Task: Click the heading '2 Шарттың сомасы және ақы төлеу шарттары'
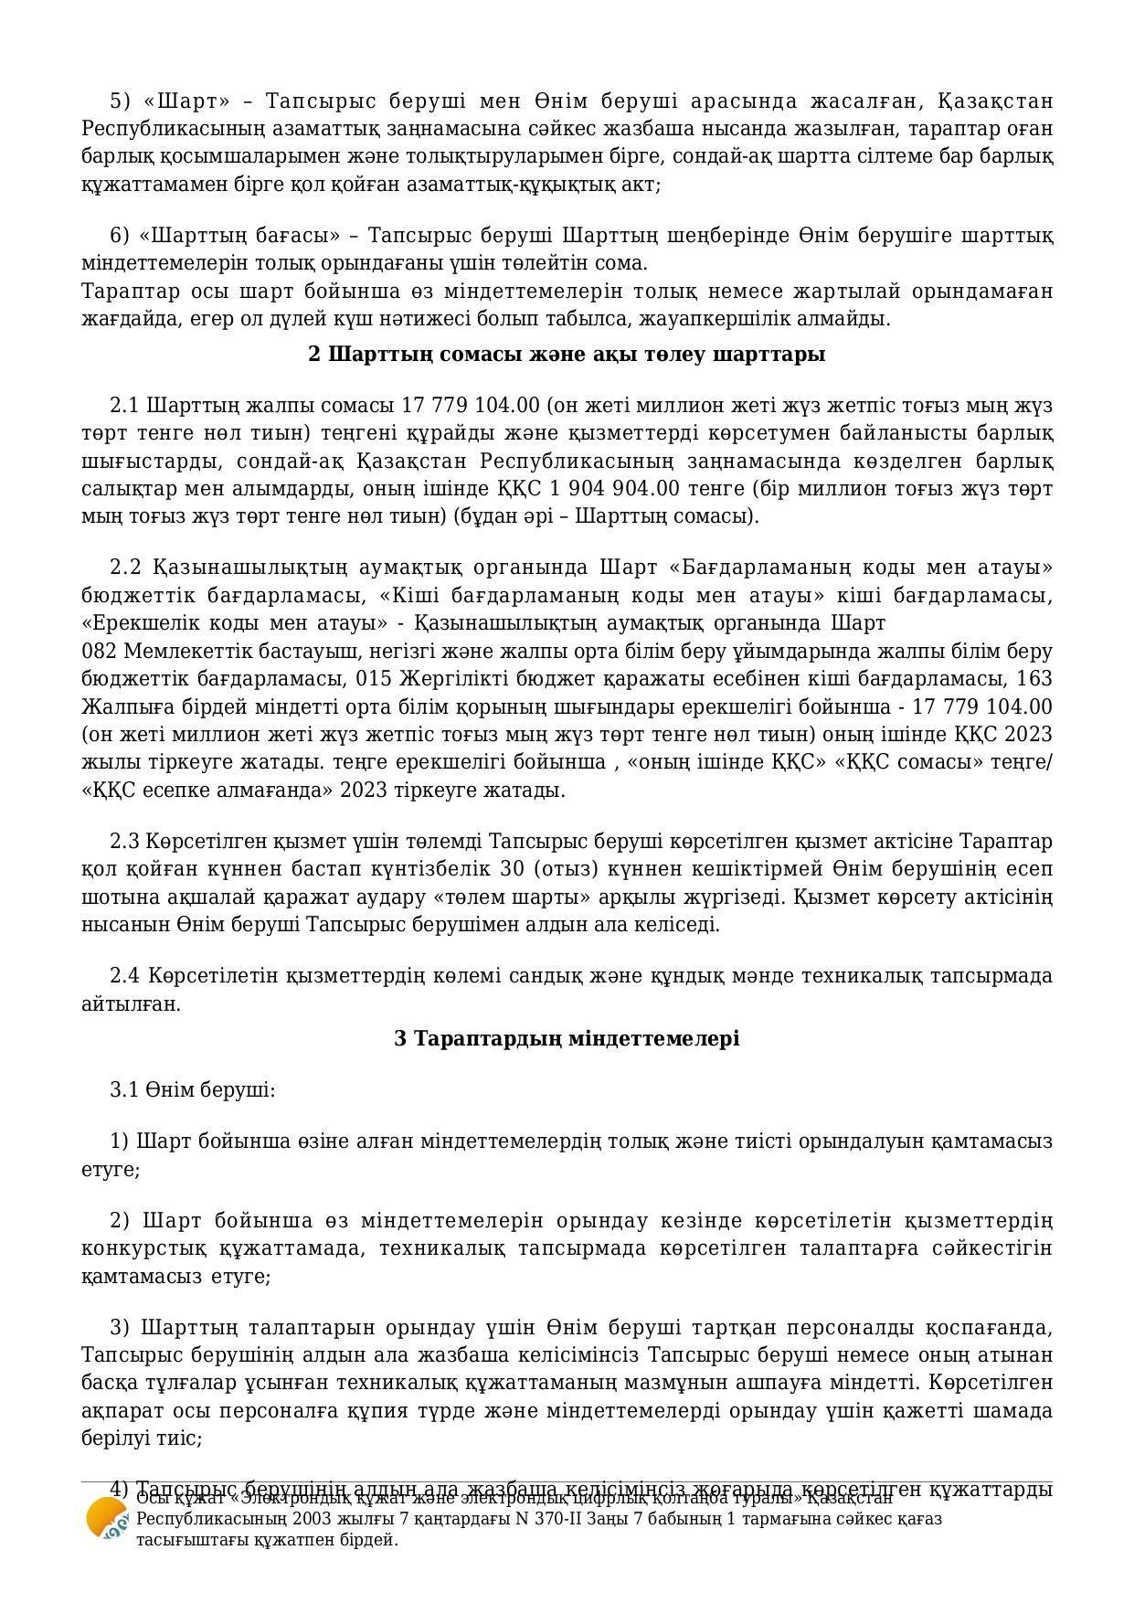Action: pyautogui.click(x=567, y=354)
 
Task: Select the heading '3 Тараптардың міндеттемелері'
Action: pyautogui.click(x=567, y=1038)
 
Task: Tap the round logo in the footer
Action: pyautogui.click(x=107, y=1519)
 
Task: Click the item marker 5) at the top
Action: pyautogui.click(x=121, y=101)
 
